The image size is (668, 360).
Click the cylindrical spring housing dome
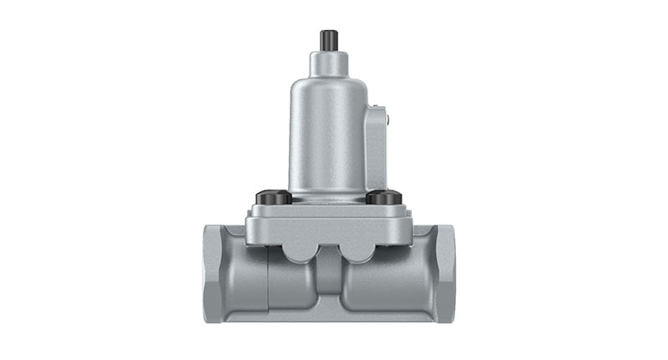[x=326, y=125]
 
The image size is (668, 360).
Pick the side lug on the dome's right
[x=377, y=146]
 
